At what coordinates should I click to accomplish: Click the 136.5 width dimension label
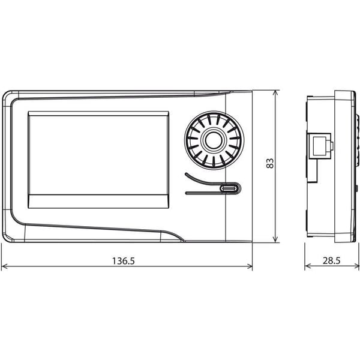[123, 261]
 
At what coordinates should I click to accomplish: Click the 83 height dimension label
[270, 163]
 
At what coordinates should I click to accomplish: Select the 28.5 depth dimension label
[332, 260]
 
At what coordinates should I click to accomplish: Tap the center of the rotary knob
[214, 140]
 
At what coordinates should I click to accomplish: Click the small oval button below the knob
[229, 188]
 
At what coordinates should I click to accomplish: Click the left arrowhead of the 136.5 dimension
[5, 266]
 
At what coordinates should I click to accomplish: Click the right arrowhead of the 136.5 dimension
[249, 266]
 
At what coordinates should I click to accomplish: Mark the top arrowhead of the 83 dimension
[276, 94]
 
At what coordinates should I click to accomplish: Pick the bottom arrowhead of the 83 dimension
[276, 239]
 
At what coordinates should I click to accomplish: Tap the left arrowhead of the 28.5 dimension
[308, 266]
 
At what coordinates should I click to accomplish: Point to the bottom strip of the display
[98, 202]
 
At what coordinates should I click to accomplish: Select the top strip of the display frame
[98, 113]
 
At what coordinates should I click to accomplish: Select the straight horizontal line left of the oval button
[203, 193]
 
